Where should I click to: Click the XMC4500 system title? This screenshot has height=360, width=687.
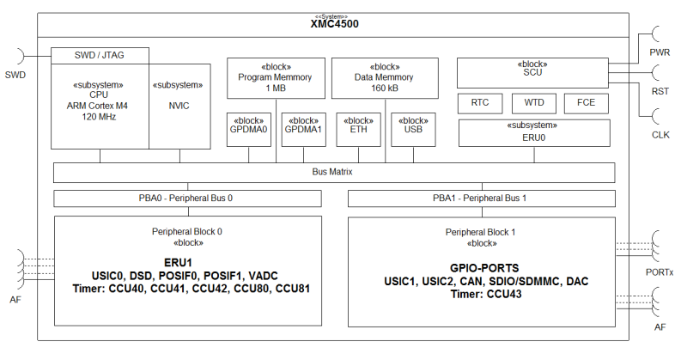pyautogui.click(x=334, y=24)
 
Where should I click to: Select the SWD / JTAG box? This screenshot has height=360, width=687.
pyautogui.click(x=100, y=55)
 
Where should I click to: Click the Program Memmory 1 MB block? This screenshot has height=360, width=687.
pyautogui.click(x=276, y=76)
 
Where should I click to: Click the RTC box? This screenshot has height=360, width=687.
pyautogui.click(x=480, y=103)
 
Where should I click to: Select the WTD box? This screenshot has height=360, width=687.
pyautogui.click(x=534, y=103)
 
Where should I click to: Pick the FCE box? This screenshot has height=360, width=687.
pyautogui.click(x=586, y=103)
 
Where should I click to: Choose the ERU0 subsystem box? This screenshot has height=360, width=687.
pyautogui.click(x=536, y=133)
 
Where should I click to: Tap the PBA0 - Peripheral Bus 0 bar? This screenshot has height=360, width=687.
pyautogui.click(x=186, y=198)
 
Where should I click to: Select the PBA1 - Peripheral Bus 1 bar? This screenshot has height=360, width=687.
pyautogui.click(x=480, y=198)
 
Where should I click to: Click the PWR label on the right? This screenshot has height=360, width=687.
pyautogui.click(x=659, y=52)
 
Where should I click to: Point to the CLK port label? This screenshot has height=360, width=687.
pyautogui.click(x=659, y=135)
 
